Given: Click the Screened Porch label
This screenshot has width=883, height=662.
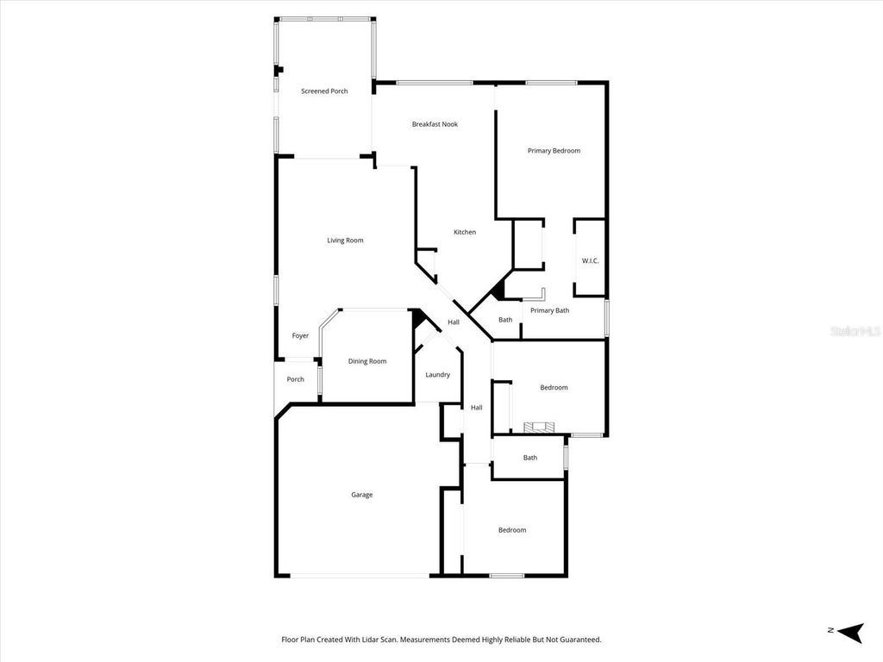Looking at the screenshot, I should (x=324, y=91).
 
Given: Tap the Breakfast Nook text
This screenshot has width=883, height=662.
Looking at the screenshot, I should (x=435, y=124).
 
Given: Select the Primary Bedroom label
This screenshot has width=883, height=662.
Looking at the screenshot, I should (x=554, y=151).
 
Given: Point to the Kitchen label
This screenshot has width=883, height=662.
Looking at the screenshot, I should (x=465, y=232).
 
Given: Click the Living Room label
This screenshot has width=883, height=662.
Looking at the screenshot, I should (x=345, y=240).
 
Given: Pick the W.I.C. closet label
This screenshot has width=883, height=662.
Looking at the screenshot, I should (x=590, y=260).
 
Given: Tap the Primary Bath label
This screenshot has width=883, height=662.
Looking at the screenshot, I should (x=549, y=310).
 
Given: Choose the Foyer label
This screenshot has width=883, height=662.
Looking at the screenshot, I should (x=300, y=336).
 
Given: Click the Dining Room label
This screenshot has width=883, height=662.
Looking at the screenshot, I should (x=367, y=361).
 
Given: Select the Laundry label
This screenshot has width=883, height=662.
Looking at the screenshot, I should (x=437, y=375).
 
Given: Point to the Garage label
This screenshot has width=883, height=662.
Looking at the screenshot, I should (x=361, y=495).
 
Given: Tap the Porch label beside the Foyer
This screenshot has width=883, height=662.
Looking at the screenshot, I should (x=295, y=379).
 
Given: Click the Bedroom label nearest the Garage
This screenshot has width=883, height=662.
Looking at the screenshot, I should (x=511, y=530).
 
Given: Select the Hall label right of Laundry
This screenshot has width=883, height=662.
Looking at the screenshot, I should (x=476, y=408).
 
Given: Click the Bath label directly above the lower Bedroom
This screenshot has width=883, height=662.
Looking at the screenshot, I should (x=529, y=458).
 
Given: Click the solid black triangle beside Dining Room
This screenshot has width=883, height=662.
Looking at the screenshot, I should (x=417, y=319).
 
